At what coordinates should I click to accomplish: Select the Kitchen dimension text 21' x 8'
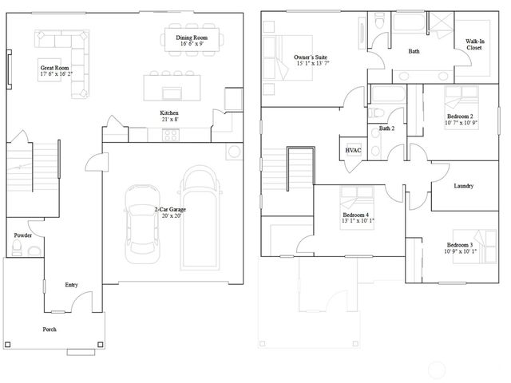point(169,120)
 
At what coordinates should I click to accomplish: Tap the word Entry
point(71,285)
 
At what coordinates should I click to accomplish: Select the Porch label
point(49,329)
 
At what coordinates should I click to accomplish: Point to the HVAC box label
point(354,149)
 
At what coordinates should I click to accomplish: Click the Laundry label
point(463,186)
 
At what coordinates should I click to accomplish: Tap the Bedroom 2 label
point(461,116)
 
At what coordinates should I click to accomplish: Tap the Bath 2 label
point(387,128)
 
